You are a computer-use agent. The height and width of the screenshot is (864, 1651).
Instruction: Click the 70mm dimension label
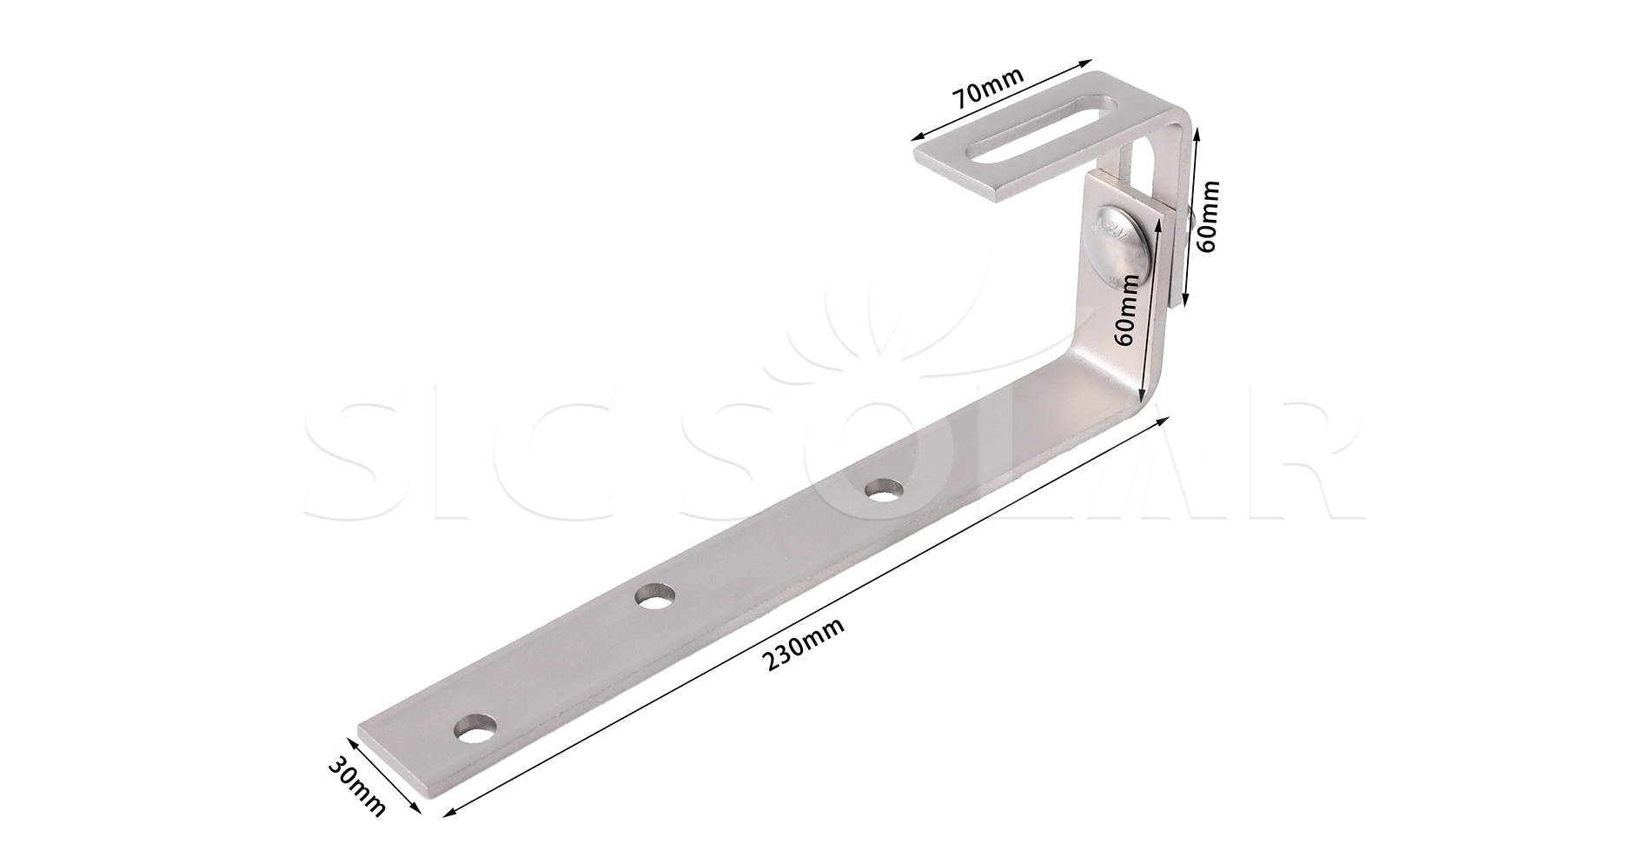(988, 84)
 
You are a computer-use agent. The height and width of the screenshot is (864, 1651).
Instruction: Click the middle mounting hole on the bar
(655, 598)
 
